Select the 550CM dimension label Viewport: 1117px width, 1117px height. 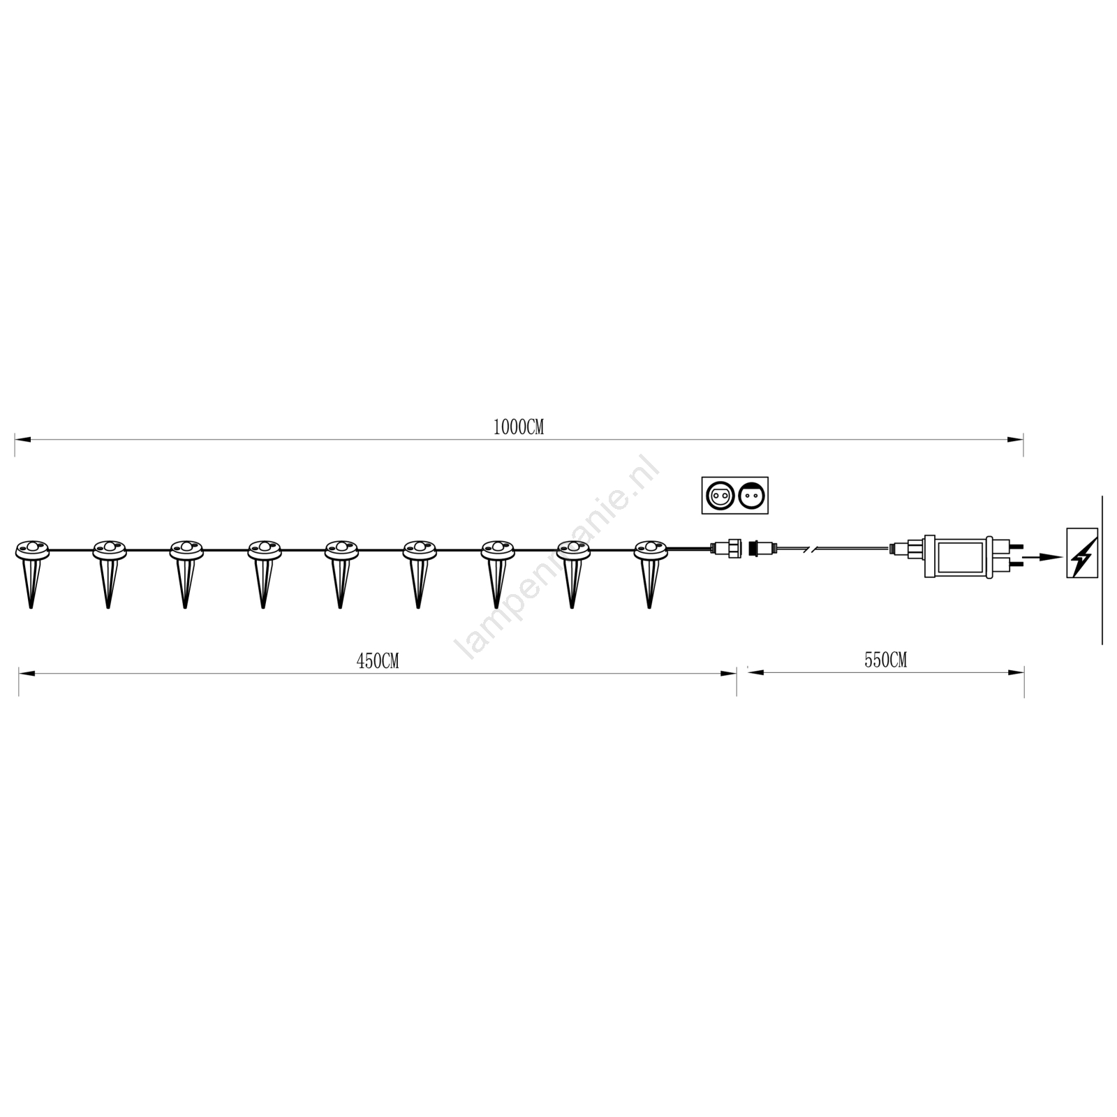885,660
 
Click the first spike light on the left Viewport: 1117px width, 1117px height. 31,572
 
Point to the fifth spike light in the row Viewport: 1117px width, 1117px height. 341,572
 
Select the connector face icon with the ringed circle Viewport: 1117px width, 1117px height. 719,496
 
